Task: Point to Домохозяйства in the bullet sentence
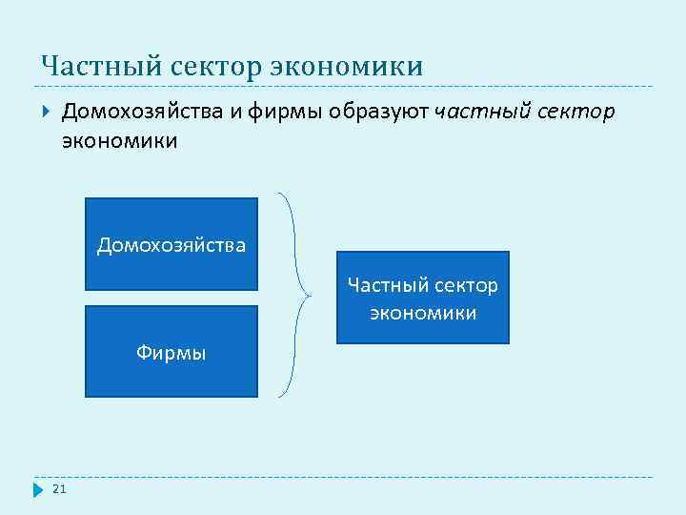tap(142, 113)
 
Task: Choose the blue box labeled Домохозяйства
tap(171, 243)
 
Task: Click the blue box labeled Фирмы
tap(171, 351)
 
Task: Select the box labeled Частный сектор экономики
tap(423, 298)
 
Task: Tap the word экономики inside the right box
tap(423, 312)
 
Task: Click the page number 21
tap(59, 489)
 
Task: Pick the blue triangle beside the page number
tap(39, 489)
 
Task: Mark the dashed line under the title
tap(343, 87)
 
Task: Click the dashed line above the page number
tap(343, 477)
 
